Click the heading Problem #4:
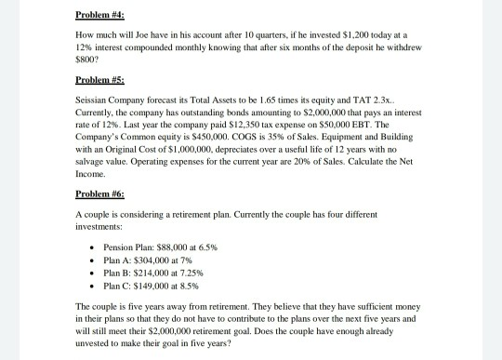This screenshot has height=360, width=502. (99, 15)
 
